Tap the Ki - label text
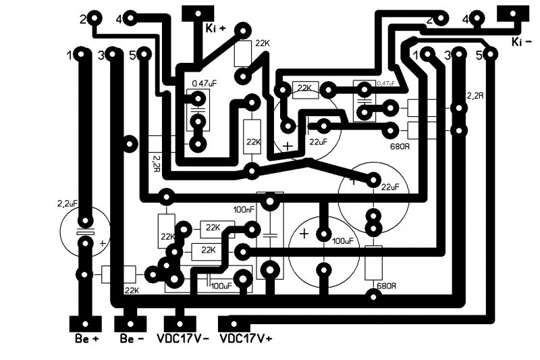tap(524, 42)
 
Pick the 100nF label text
tap(244, 209)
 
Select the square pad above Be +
tap(84, 322)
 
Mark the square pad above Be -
tap(132, 322)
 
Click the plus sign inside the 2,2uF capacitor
tap(103, 242)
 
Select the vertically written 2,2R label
tap(157, 162)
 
